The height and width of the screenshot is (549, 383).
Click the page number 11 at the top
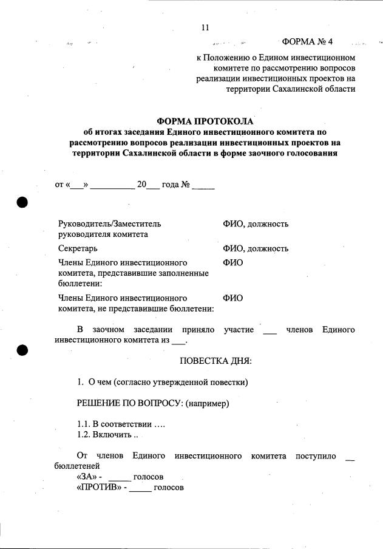[x=205, y=27]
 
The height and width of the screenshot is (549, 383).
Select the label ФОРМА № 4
[x=308, y=42]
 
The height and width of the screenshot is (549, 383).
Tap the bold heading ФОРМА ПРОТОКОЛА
[x=205, y=121]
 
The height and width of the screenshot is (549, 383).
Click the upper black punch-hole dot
[x=23, y=202]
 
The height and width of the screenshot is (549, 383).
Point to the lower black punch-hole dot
[x=23, y=350]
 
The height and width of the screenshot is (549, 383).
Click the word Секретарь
[x=78, y=248]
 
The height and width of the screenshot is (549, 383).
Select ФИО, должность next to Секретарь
[x=256, y=248]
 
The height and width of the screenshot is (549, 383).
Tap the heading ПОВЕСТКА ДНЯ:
[x=215, y=361]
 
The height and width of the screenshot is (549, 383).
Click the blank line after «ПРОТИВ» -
[x=140, y=489]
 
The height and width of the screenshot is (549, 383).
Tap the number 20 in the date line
[x=142, y=184]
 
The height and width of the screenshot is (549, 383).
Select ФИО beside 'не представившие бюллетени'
[x=233, y=298]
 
